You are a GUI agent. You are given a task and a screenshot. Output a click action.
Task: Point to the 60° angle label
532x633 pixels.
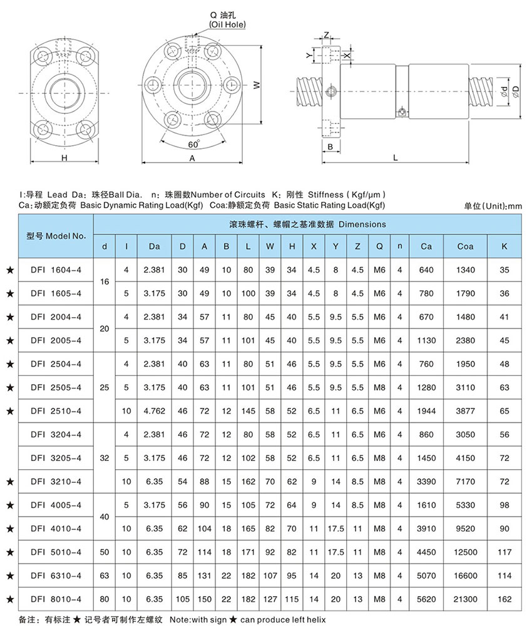coord(193,144)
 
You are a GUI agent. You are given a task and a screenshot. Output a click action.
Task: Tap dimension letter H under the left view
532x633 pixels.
coord(64,159)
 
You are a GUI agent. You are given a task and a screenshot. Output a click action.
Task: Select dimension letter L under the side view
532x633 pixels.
coord(396,158)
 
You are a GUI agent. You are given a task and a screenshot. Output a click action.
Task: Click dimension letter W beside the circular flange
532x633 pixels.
coord(256,89)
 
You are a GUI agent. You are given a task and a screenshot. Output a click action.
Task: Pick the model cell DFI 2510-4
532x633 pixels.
coord(56,412)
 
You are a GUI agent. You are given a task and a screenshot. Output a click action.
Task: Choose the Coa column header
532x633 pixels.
coord(465,246)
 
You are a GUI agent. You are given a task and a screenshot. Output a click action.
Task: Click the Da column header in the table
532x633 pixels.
coord(155,246)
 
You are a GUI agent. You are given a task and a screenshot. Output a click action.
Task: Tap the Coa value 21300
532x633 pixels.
coord(465,599)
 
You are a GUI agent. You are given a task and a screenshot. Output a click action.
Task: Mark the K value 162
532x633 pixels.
coord(505,599)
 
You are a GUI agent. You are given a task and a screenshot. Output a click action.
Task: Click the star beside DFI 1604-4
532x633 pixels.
coord(9,270)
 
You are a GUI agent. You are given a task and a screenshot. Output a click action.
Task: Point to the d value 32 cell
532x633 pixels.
coord(105,458)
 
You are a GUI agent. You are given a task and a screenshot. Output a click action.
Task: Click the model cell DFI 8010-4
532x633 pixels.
coord(56,599)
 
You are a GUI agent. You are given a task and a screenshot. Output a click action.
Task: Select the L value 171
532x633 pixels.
coord(248,552)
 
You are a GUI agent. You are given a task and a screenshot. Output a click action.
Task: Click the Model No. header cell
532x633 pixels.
coord(56,236)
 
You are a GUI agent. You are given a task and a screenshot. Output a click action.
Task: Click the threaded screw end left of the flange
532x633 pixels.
coord(307,89)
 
